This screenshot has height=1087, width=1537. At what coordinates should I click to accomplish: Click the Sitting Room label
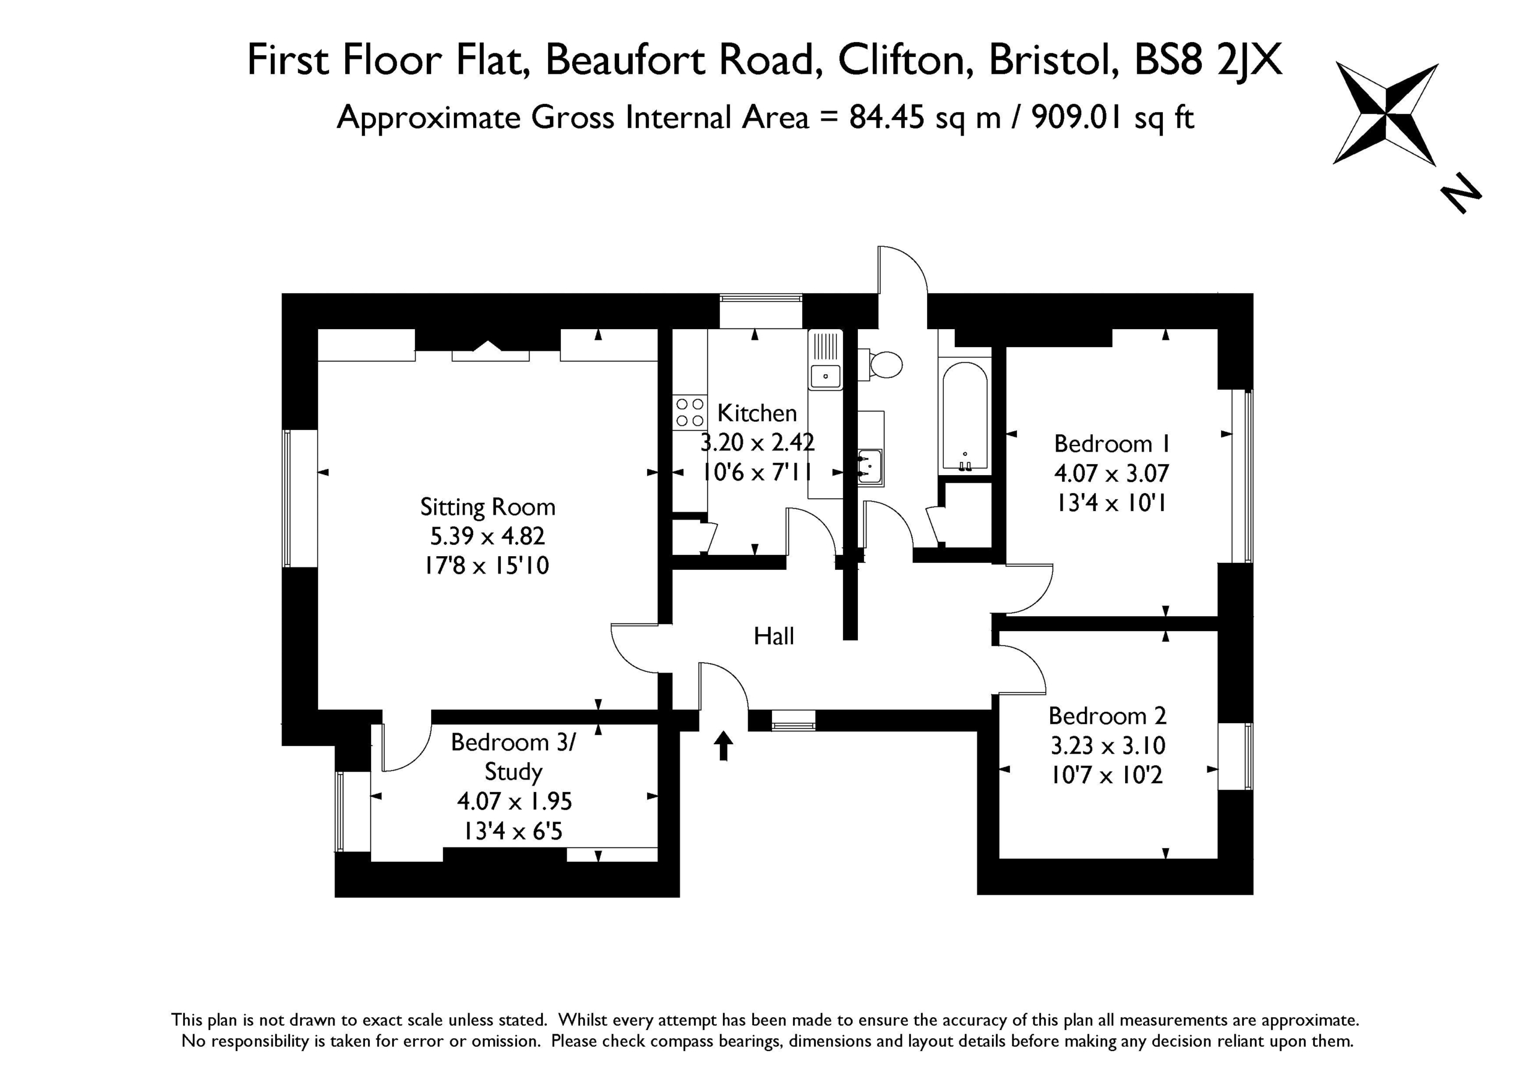tap(488, 507)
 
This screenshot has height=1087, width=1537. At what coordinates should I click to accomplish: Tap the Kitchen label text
tap(757, 413)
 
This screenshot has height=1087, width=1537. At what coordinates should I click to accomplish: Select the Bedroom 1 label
tap(1112, 443)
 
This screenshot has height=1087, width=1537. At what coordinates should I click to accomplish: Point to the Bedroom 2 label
tap(1107, 716)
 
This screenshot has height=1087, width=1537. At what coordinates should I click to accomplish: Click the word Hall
tap(774, 635)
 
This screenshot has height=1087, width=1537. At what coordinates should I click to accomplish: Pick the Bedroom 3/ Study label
tap(513, 757)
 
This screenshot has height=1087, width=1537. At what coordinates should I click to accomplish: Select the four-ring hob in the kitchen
tap(689, 412)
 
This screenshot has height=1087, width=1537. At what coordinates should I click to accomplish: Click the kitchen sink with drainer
tap(826, 360)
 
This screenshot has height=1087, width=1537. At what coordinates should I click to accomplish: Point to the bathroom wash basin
tap(870, 465)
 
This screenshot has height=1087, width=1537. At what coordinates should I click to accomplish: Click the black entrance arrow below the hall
tap(723, 745)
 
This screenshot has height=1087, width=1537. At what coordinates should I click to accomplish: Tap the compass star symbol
tap(1385, 114)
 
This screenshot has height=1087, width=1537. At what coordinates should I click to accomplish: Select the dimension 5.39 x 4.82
tap(488, 536)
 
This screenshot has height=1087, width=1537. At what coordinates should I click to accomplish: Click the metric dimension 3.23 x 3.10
tap(1108, 745)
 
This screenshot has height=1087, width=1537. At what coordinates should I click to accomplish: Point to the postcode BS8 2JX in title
tap(1207, 60)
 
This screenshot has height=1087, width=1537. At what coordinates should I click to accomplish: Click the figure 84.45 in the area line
tap(887, 118)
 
